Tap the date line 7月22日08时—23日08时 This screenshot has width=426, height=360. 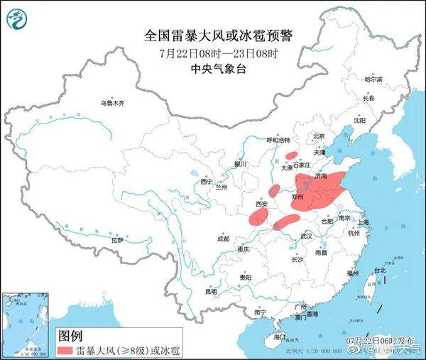coord(212,53)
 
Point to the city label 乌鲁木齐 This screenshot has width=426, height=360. coord(111,104)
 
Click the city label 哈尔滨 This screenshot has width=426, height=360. coord(373,80)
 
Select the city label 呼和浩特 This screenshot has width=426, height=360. coord(278,141)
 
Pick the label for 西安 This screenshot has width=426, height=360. coord(261,204)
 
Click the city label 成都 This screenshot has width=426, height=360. coord(223,239)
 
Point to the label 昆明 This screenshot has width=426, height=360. coord(211,292)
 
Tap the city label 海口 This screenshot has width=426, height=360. coord(279,337)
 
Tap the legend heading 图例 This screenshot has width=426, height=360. coord(70,335)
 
